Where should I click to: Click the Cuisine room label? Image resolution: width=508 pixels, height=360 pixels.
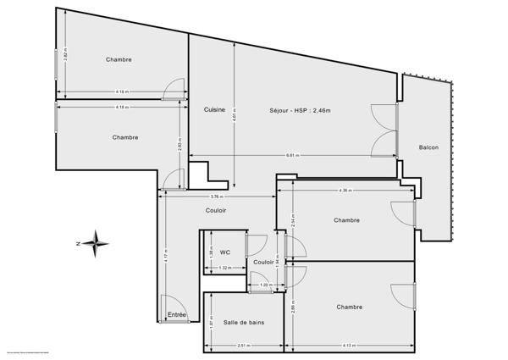(x=214, y=109)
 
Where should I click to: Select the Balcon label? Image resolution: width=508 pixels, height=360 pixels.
(x=428, y=147)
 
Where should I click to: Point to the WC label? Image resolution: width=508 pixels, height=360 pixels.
(x=225, y=252)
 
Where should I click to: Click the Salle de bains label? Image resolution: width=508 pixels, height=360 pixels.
(x=242, y=322)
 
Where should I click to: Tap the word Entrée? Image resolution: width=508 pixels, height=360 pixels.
(x=177, y=314)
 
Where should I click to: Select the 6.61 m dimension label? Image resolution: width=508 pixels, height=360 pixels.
(x=291, y=155)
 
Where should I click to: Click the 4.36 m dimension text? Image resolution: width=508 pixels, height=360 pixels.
(x=345, y=190)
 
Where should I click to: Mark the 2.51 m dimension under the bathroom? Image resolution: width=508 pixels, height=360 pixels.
(x=242, y=346)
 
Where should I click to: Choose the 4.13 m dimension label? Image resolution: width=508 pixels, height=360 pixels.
(x=350, y=346)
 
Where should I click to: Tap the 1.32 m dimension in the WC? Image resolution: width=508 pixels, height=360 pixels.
(x=224, y=268)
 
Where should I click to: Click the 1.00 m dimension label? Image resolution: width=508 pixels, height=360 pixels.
(x=264, y=285)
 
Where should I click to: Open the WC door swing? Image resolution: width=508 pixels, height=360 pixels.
(x=252, y=246)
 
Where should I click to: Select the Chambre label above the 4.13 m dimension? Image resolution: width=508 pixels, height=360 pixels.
(x=350, y=307)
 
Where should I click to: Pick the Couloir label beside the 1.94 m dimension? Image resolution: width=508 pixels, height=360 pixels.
(x=263, y=263)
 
